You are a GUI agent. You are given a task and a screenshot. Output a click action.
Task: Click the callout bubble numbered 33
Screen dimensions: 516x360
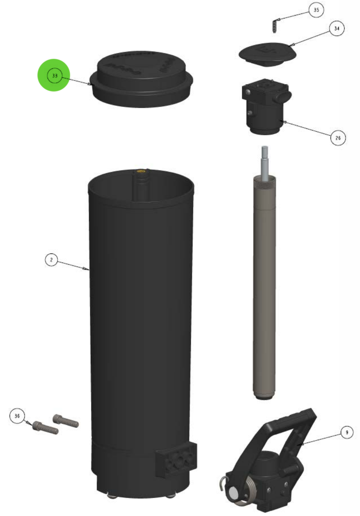coord(53,75)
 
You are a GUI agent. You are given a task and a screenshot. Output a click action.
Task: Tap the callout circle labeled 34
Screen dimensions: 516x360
coord(337,29)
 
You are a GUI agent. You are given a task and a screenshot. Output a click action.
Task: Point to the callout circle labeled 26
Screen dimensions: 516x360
coord(337,138)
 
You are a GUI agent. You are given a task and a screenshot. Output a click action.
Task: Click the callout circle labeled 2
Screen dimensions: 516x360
coord(51,260)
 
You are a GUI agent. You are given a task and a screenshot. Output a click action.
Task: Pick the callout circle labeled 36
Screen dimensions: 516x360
coord(17,416)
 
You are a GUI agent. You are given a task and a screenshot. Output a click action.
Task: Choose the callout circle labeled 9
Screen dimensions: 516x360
coord(347,432)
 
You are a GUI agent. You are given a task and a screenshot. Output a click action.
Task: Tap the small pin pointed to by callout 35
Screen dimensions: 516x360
coord(275,26)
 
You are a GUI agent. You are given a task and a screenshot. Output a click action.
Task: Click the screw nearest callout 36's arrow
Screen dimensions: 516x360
coord(44,427)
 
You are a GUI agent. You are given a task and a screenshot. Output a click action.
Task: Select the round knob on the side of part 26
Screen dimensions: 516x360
coord(284,97)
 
